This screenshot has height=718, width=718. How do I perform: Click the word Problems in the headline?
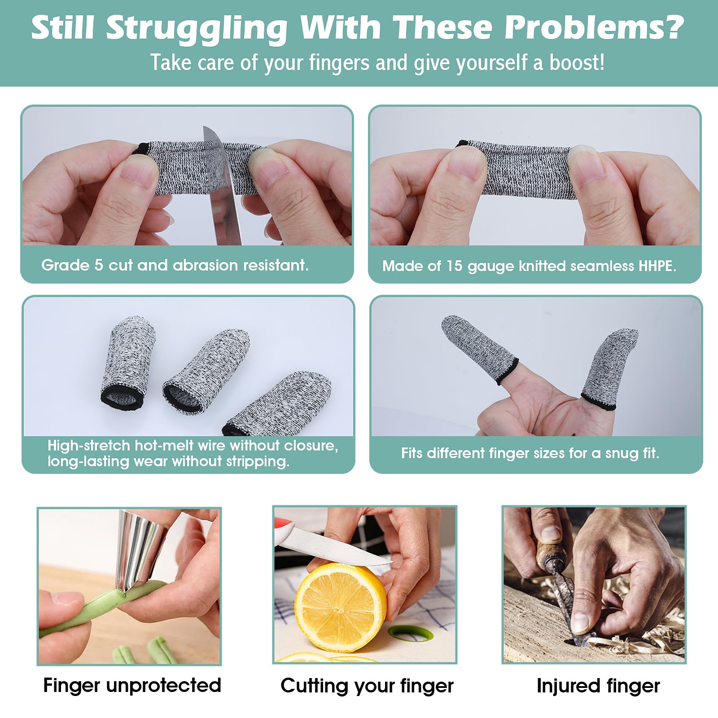[594, 28]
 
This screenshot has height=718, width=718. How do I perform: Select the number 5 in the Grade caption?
[99, 265]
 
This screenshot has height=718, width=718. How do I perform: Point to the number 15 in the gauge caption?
[454, 266]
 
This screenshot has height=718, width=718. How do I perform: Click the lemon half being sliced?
[340, 609]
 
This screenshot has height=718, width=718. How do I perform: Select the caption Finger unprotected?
[132, 685]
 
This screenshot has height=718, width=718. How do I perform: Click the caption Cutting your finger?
[367, 686]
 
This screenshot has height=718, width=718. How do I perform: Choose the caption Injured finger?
[598, 686]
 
